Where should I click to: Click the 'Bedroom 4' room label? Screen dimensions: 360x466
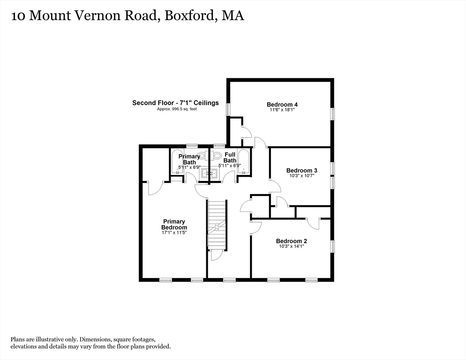282,105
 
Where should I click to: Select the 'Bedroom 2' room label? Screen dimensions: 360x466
291,241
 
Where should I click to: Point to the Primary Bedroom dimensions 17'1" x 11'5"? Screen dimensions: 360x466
174,233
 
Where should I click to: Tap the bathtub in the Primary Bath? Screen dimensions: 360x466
176,162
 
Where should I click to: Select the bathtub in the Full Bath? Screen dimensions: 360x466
243,162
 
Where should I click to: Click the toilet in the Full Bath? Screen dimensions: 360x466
217,156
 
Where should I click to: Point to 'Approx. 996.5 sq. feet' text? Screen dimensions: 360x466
176,109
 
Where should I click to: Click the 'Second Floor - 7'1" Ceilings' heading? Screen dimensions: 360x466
175,103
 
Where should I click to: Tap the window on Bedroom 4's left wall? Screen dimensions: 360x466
228,109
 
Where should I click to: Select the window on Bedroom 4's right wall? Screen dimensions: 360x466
332,114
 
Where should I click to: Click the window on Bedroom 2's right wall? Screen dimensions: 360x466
332,246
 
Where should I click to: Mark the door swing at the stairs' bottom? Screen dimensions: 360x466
216,255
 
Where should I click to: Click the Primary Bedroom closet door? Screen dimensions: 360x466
155,187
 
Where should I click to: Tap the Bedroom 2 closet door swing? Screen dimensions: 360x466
313,223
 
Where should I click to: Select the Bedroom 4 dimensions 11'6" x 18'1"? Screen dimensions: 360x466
282,110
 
